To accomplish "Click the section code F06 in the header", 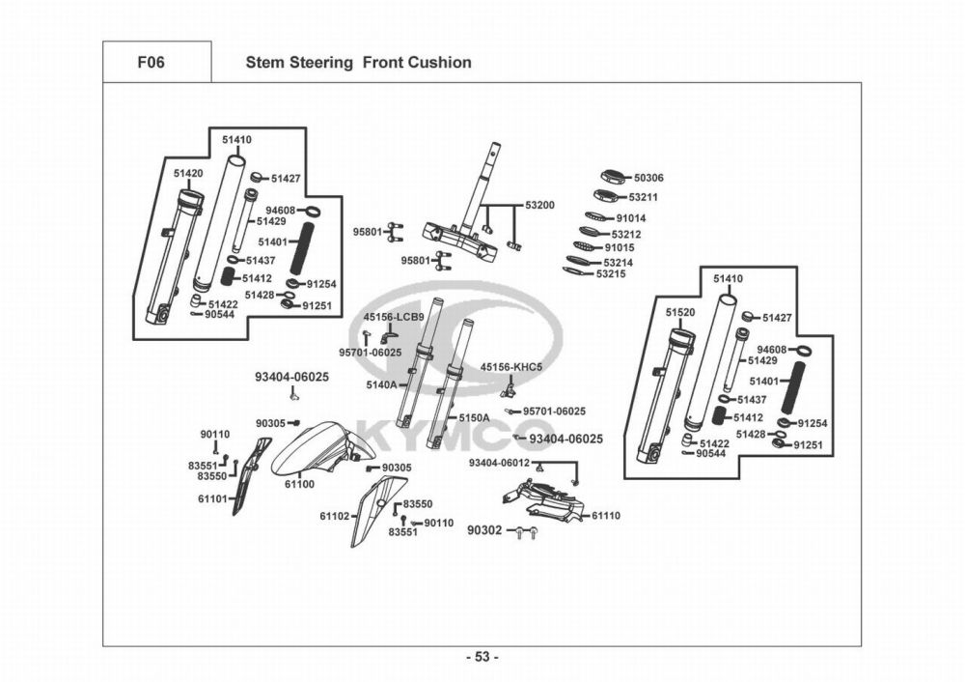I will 151,63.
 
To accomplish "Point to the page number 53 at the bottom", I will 482,658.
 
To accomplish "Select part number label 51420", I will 188,173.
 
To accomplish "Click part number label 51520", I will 679,313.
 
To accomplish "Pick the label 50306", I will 648,178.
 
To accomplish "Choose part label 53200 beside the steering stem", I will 539,206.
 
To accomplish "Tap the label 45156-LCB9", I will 393,317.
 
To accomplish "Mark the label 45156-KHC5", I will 511,367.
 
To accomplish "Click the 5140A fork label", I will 381,384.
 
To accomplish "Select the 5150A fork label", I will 474,417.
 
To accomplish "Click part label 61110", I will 606,516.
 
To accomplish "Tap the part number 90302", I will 484,530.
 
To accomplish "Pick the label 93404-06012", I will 499,463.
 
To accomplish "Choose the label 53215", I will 611,274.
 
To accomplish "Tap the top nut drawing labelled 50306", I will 614,177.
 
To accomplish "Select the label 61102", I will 334,516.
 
